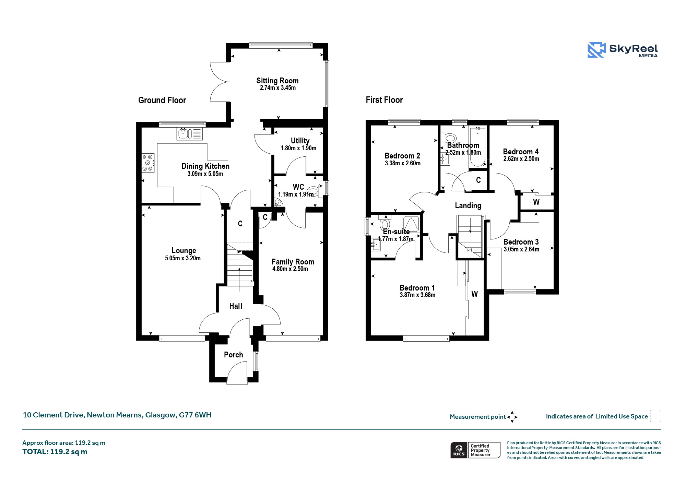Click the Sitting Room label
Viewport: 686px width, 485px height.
[x=277, y=81]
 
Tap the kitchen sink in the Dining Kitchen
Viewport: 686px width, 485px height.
[x=190, y=133]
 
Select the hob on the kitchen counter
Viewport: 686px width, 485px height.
[x=148, y=163]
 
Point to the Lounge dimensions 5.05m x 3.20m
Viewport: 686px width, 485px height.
[x=183, y=258]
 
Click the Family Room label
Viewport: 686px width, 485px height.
[x=293, y=262]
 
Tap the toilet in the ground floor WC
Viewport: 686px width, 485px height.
[x=314, y=191]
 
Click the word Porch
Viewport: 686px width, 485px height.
[x=234, y=355]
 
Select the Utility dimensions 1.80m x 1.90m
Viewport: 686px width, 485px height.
[x=298, y=148]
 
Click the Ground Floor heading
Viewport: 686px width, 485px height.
[x=162, y=100]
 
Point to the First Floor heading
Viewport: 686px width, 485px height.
[x=384, y=100]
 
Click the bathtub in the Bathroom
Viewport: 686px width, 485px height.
[x=477, y=147]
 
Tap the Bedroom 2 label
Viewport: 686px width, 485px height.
[x=402, y=156]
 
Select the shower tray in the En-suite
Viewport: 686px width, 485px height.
[x=411, y=224]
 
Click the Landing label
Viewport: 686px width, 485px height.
[x=468, y=205]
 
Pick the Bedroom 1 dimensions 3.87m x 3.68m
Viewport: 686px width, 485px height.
[x=417, y=295]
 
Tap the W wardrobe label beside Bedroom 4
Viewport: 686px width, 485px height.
[x=536, y=202]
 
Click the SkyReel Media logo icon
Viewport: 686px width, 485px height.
[x=596, y=50]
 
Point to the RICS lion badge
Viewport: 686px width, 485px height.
[x=459, y=450]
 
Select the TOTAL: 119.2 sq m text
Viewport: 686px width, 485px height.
[x=55, y=452]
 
